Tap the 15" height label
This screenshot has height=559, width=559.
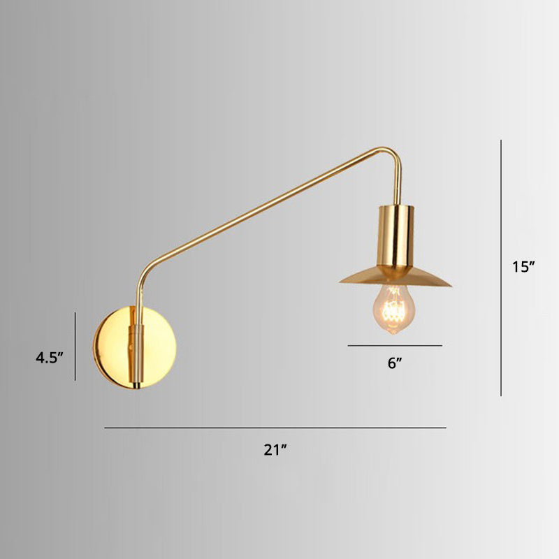click(x=523, y=266)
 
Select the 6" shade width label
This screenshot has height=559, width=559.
click(x=395, y=363)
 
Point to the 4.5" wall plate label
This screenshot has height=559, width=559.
click(x=50, y=357)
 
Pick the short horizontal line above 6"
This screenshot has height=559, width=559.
click(x=395, y=345)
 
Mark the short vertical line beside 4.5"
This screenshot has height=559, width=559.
click(x=75, y=346)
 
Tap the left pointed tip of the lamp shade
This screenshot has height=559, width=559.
click(x=342, y=282)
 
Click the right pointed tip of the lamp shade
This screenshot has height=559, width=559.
click(x=449, y=283)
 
